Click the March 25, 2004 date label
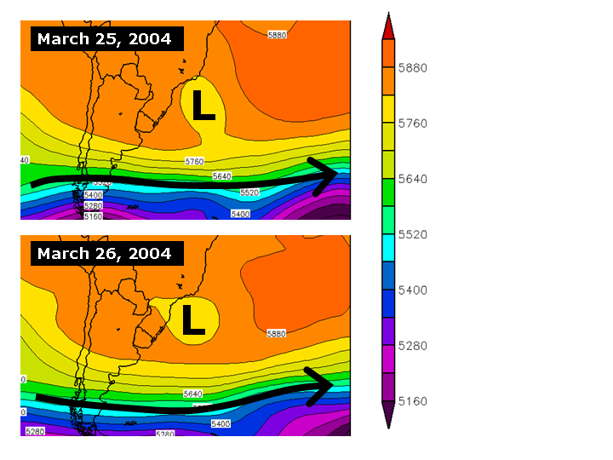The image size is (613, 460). point(105,39)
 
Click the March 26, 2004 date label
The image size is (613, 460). point(105,254)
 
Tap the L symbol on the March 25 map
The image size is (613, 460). point(203,105)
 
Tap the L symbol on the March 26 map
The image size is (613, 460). point(193,319)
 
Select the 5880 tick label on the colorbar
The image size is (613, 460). point(412,67)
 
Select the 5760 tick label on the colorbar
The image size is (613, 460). point(412,124)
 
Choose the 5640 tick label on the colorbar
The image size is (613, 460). point(412,179)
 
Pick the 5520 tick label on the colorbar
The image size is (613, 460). point(412,234)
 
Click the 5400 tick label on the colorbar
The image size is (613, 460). point(412,290)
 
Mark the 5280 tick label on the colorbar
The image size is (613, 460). point(412,346)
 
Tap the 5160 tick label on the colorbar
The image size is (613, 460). point(412,401)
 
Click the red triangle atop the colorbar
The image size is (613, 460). point(388,26)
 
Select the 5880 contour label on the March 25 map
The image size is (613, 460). point(278,35)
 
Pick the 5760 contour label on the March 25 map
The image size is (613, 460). point(194,161)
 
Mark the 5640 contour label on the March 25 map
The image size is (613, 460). point(222,176)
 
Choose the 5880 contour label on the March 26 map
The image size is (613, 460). point(276,335)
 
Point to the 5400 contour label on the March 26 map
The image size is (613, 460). point(221,423)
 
